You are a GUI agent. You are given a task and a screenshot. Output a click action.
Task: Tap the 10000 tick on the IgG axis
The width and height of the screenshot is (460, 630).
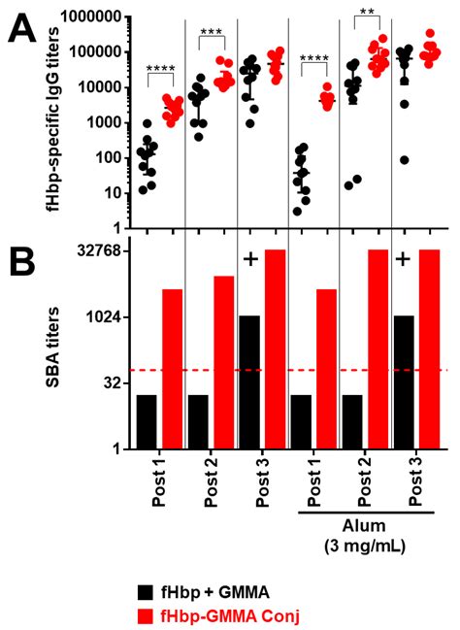[x=104, y=87]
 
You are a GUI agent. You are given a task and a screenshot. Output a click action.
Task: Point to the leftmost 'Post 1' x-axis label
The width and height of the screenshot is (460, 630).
[x=160, y=478]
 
